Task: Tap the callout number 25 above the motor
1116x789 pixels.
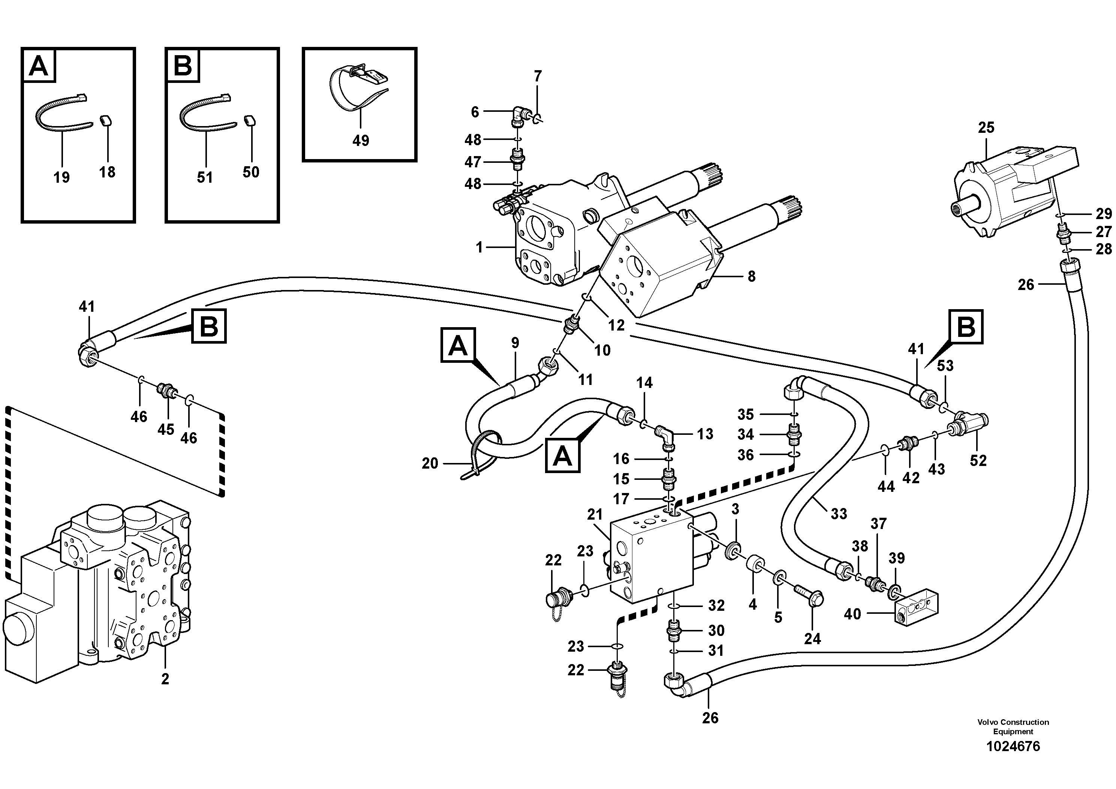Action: tap(986, 128)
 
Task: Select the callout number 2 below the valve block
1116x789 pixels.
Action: tap(165, 679)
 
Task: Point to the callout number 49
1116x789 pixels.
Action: tap(361, 141)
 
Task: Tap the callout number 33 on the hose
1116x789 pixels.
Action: tap(839, 514)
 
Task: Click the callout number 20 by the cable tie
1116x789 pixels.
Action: tap(430, 464)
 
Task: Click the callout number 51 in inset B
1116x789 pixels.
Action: tap(205, 177)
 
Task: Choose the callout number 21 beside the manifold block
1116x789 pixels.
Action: tap(595, 515)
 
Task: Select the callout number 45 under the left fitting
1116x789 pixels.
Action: tap(166, 430)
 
